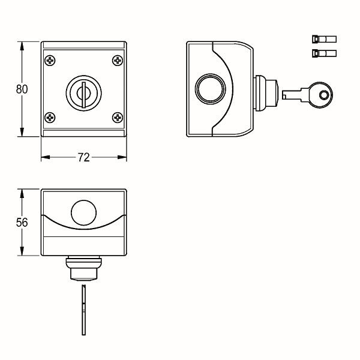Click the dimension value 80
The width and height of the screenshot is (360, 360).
[22, 89]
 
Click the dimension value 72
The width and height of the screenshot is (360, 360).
[84, 157]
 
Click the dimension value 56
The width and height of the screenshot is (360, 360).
[22, 222]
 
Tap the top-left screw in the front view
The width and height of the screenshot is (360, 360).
[50, 61]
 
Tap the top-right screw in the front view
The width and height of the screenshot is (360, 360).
[118, 61]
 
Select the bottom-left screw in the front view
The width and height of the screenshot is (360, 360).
[50, 118]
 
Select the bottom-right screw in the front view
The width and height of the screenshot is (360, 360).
[118, 118]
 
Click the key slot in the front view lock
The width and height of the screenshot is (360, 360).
[84, 95]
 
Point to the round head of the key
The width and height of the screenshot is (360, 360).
[321, 95]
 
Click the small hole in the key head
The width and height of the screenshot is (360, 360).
[324, 95]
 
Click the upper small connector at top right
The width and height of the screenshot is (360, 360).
[324, 39]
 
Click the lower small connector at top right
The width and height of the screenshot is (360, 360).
[324, 53]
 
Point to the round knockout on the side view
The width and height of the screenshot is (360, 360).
[211, 89]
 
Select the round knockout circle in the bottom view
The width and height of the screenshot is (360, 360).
[84, 212]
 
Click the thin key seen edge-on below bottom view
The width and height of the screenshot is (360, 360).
[84, 310]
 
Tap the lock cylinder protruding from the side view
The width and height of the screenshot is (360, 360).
[266, 93]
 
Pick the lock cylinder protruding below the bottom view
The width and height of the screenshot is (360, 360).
[84, 268]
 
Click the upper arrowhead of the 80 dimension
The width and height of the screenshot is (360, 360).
[22, 46]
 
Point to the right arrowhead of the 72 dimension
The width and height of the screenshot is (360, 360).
[122, 157]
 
